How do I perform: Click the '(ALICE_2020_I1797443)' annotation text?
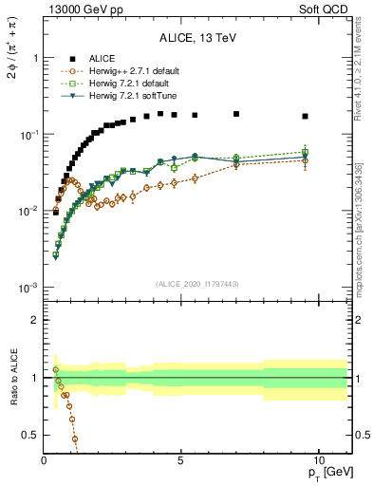pyautogui.click(x=197, y=283)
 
